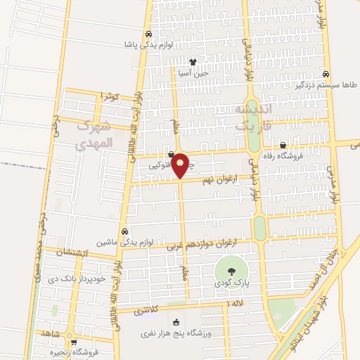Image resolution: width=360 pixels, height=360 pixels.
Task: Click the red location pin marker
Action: (180, 165)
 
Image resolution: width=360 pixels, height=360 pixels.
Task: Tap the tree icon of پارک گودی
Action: (227, 268)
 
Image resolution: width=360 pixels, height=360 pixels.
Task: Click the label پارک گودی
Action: (227, 283)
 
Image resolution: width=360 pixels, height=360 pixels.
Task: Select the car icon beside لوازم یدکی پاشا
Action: (148, 34)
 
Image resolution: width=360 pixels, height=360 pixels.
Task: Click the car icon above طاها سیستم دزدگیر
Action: (326, 73)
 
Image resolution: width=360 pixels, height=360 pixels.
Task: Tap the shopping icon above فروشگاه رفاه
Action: (283, 145)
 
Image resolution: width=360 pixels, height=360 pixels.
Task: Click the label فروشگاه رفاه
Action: (282, 155)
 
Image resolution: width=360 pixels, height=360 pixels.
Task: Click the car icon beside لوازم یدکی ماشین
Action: (125, 231)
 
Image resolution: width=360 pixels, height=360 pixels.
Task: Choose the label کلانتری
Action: (151, 308)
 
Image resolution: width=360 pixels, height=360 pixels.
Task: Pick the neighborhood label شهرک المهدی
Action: (94, 134)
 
